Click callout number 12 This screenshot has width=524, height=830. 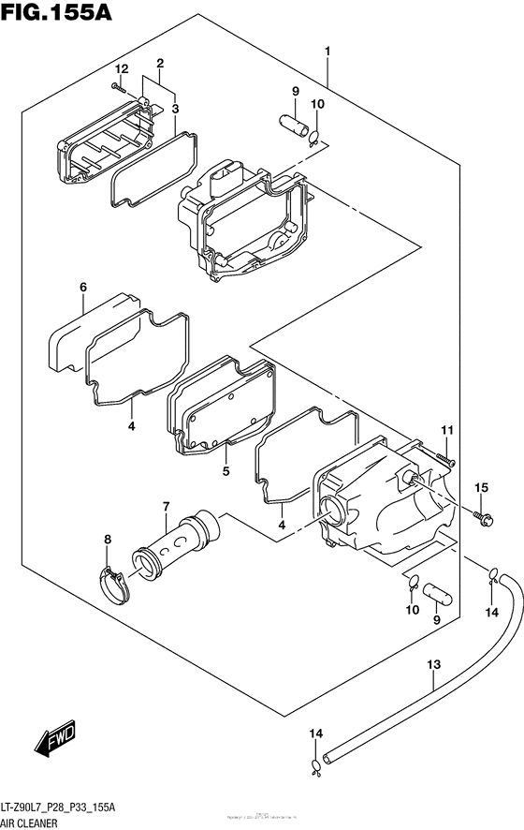tap(121, 69)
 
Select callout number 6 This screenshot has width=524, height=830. tap(82, 288)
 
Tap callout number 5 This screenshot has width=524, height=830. tap(226, 471)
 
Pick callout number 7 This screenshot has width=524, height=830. tap(165, 507)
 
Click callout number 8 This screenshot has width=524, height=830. tap(107, 539)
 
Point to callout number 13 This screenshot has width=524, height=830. tap(433, 665)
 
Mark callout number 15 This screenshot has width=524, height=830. tap(482, 487)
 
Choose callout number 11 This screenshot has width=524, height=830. tap(446, 430)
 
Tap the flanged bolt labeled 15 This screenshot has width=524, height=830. tap(481, 515)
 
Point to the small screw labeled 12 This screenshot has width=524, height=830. tap(115, 86)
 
